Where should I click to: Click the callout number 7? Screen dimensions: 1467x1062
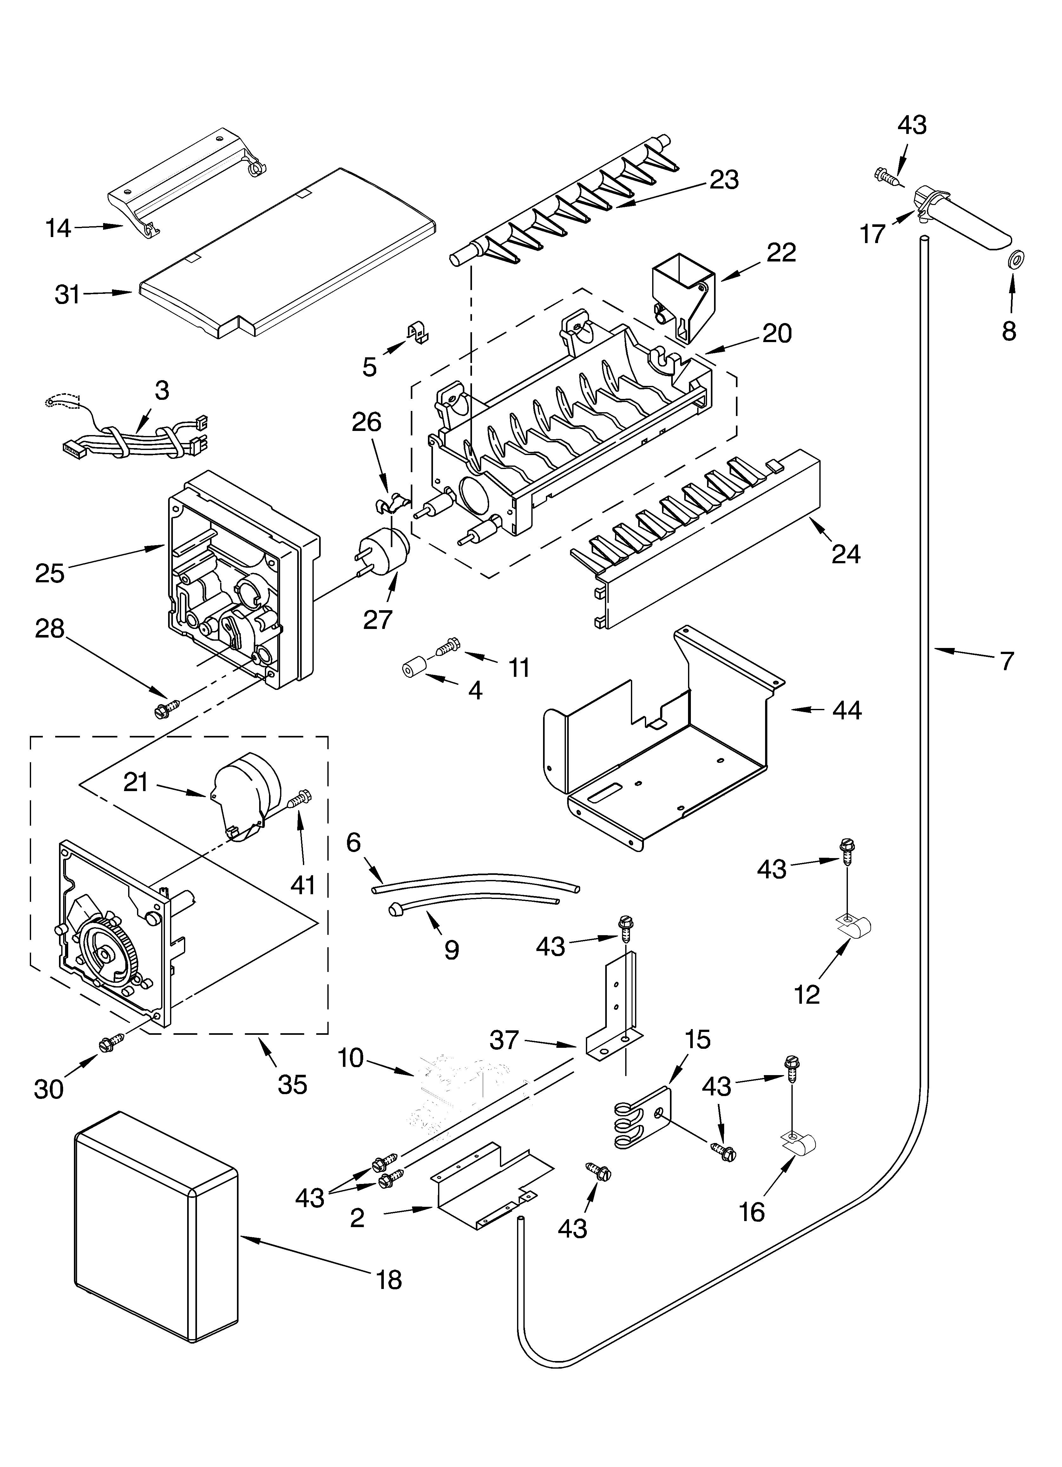click(x=1006, y=661)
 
